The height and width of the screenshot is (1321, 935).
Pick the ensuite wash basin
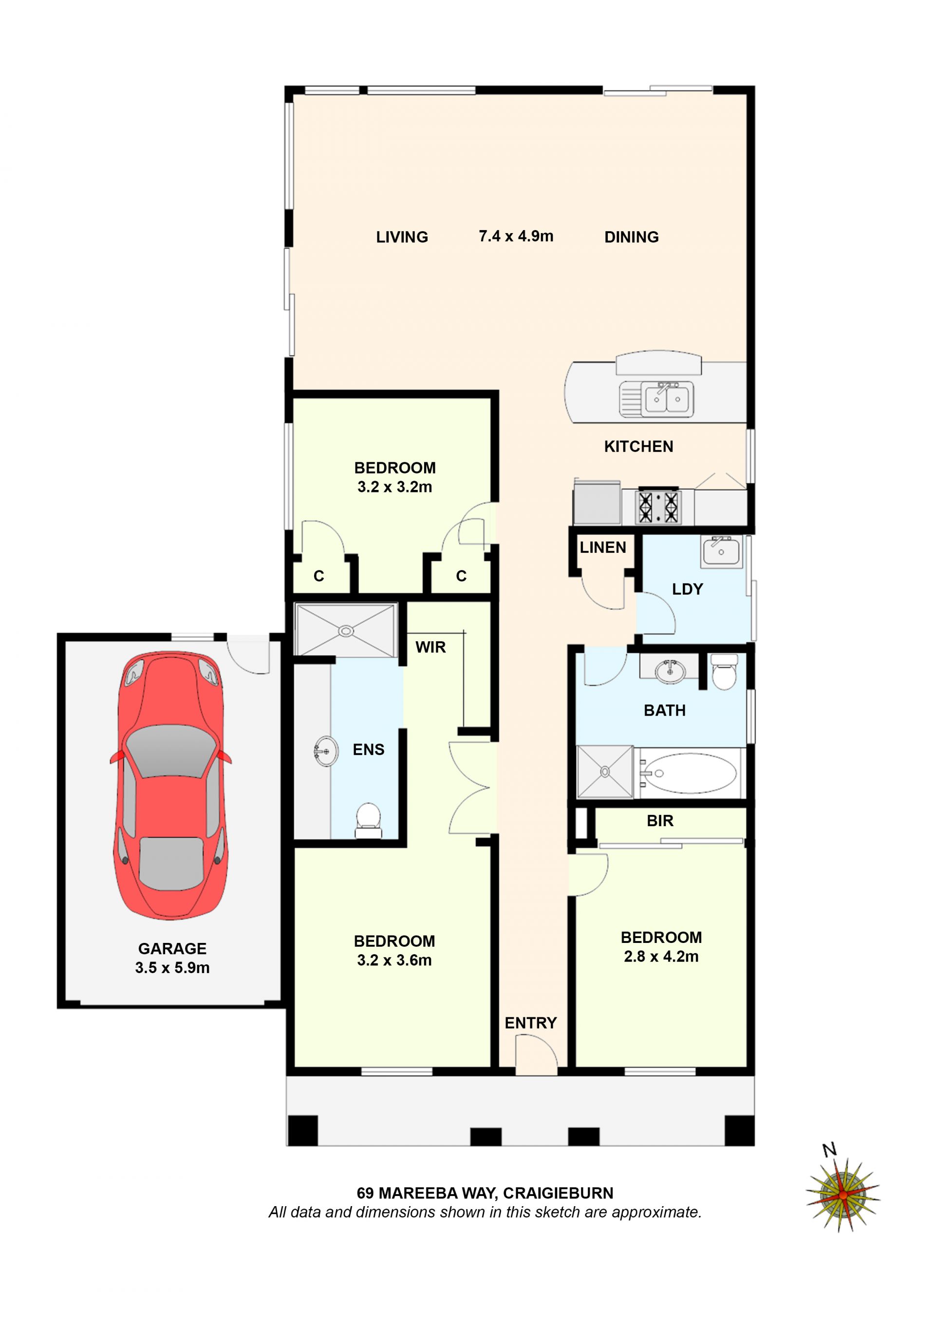[326, 751]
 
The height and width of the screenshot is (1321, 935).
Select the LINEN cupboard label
[602, 547]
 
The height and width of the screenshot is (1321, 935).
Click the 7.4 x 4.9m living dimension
[516, 236]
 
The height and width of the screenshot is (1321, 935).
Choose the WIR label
[430, 647]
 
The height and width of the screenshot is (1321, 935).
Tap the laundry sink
[721, 552]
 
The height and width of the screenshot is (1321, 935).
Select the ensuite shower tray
[345, 630]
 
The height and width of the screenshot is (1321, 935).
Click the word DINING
[631, 237]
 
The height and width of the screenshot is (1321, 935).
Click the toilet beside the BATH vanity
[724, 671]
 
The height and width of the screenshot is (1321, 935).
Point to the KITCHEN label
[638, 447]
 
